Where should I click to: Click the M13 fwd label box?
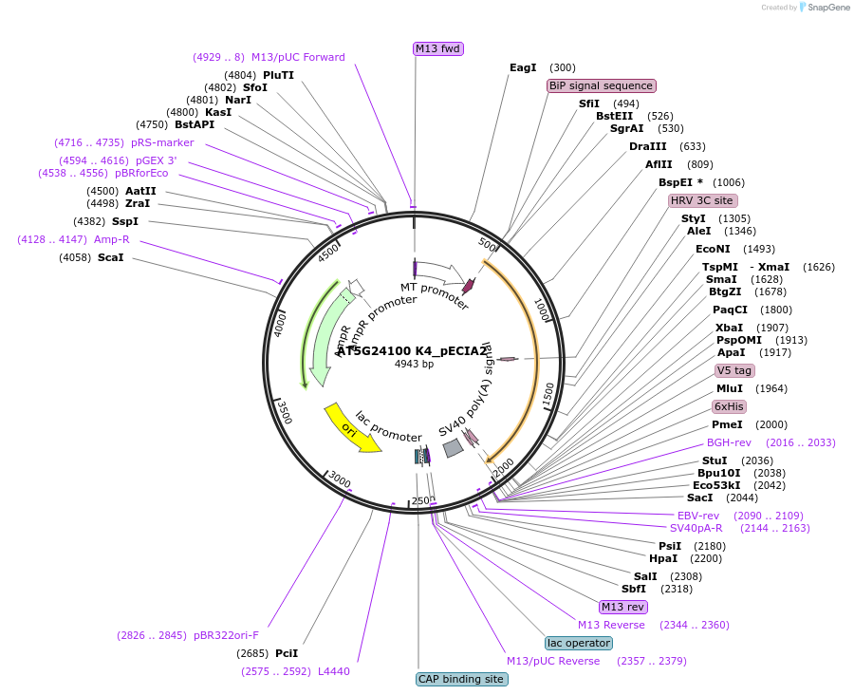click(438, 48)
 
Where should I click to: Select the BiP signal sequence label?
click(601, 85)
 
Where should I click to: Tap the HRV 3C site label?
click(702, 200)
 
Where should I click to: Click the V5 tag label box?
click(734, 370)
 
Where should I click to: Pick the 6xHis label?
click(730, 406)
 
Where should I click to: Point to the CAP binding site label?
click(461, 679)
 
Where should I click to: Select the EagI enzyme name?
click(523, 67)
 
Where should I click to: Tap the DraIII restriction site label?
click(647, 146)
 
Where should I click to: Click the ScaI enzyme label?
click(110, 257)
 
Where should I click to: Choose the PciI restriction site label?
click(287, 653)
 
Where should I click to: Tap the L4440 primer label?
click(333, 671)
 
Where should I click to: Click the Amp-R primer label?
click(112, 239)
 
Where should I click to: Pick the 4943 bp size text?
click(414, 364)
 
